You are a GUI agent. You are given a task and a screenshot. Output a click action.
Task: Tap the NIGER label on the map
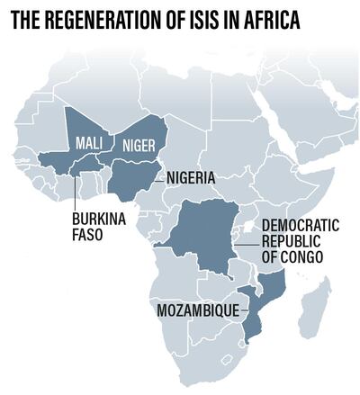tap(137, 143)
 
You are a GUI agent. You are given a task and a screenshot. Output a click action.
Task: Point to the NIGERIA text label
tap(192, 178)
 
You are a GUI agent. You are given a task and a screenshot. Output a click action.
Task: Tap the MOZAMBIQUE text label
tap(198, 310)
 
